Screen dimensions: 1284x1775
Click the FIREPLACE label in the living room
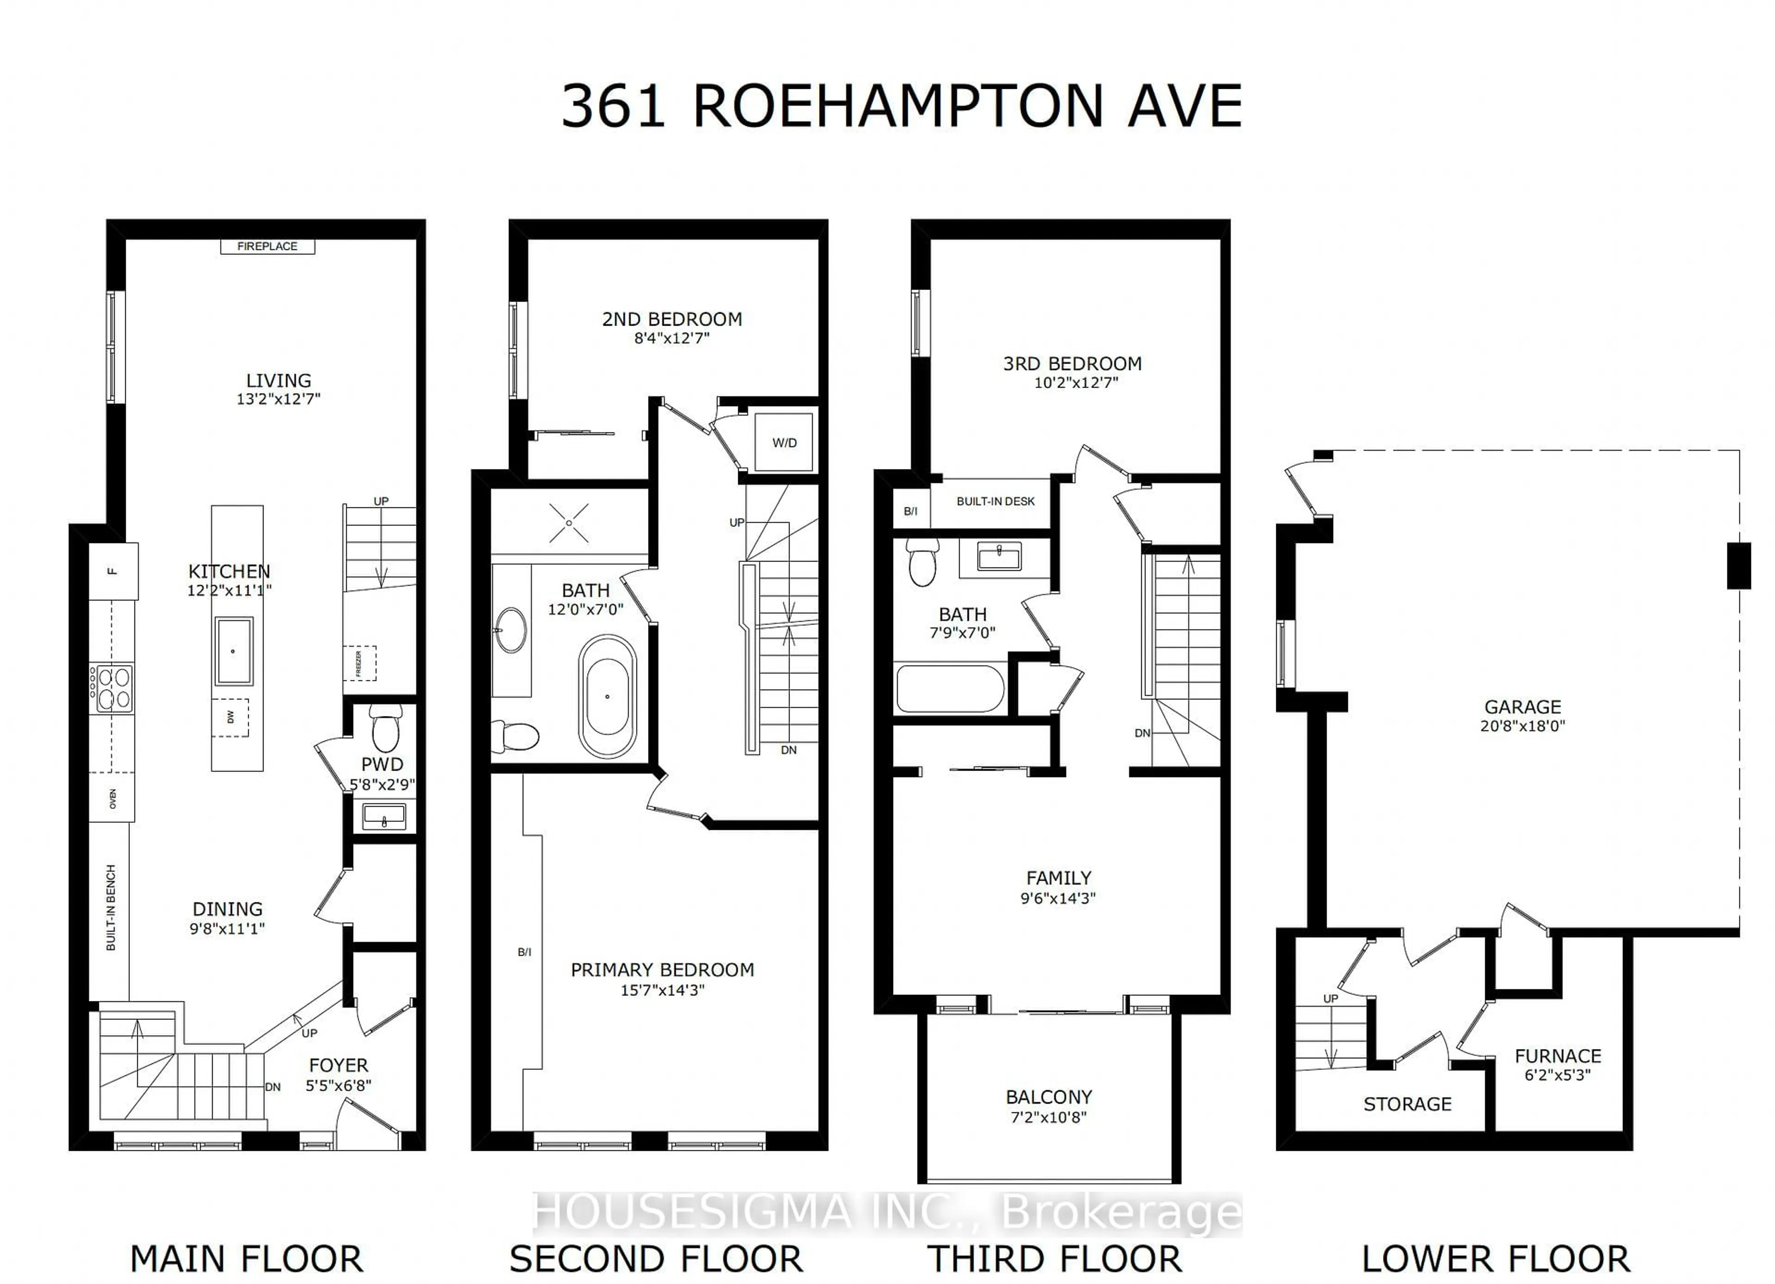(x=267, y=246)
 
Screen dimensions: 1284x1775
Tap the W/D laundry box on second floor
(x=784, y=442)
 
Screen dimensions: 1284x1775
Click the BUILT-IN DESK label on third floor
(x=996, y=501)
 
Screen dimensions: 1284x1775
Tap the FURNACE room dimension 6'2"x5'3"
(x=1557, y=1075)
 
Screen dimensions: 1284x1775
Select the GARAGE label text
(x=1522, y=706)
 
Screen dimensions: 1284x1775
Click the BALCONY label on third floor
(x=1049, y=1097)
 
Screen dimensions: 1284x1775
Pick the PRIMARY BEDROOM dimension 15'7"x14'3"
(x=662, y=990)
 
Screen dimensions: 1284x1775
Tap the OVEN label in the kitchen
(x=112, y=799)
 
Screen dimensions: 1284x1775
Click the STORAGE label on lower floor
(x=1407, y=1104)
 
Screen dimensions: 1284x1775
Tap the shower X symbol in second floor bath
(x=569, y=522)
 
